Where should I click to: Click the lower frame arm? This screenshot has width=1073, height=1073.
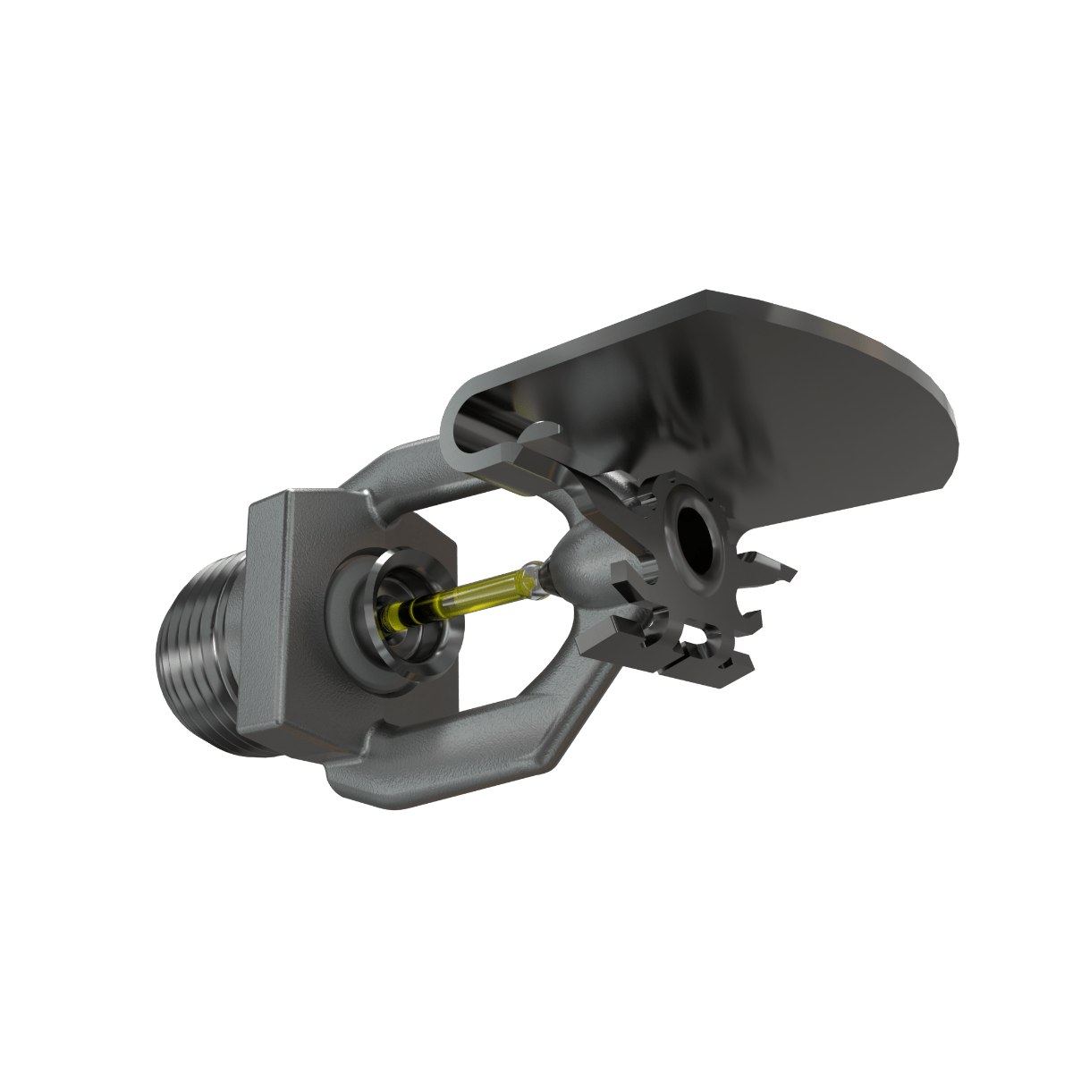[x=465, y=733]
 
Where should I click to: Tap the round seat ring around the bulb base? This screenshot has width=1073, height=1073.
[x=393, y=617]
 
